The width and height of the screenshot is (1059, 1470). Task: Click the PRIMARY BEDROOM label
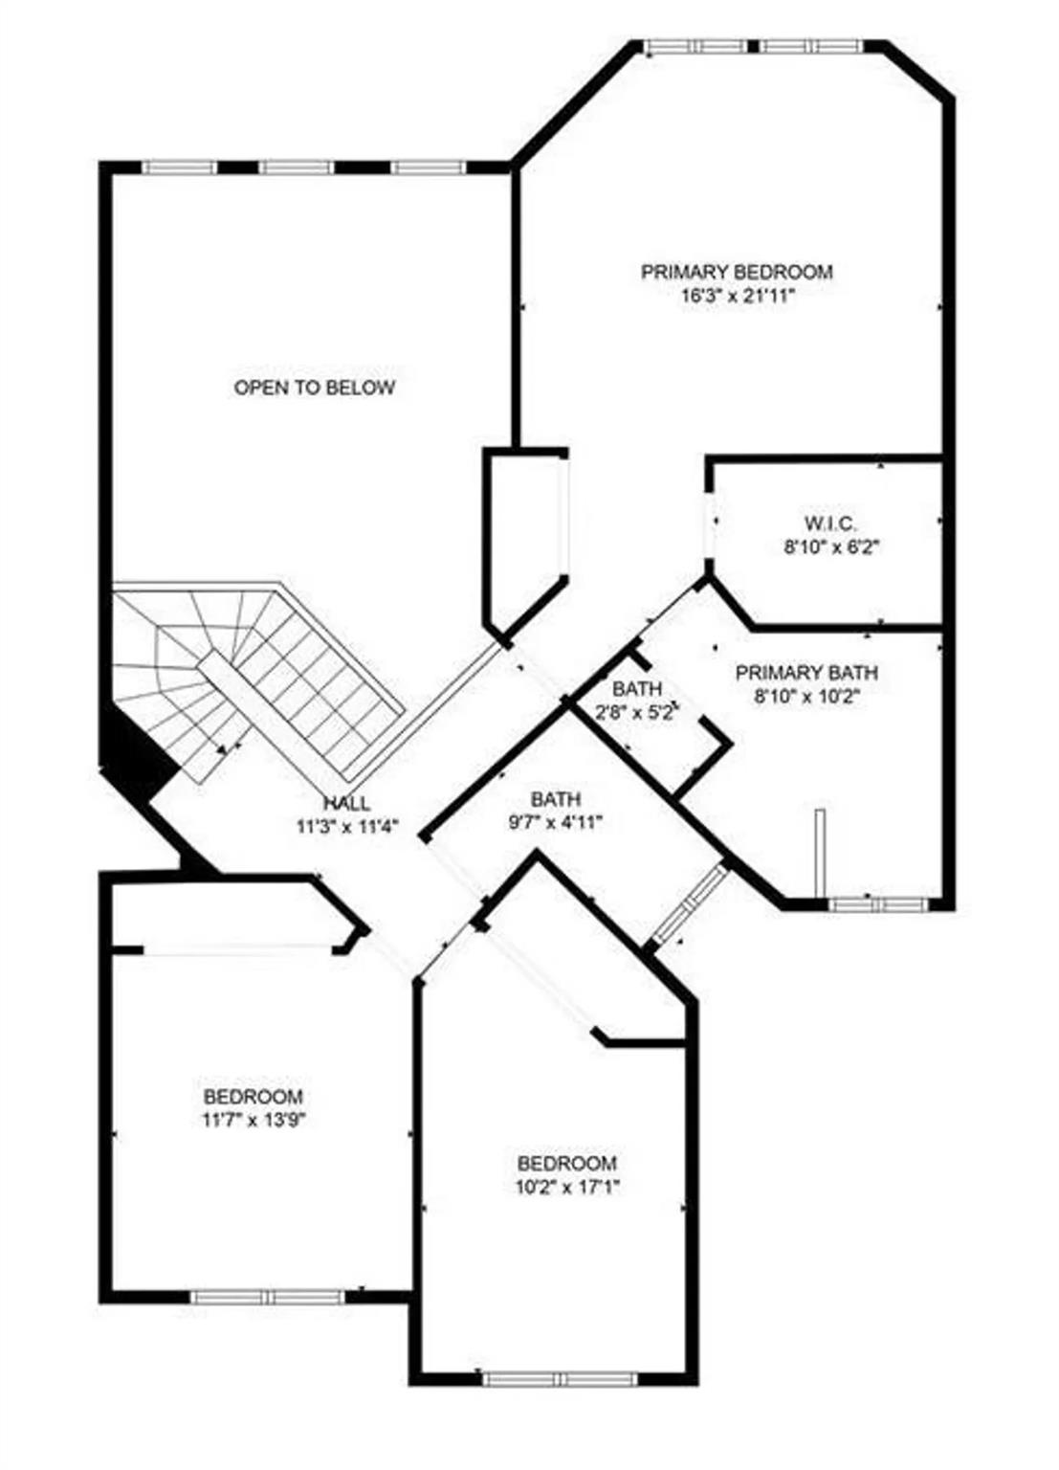click(x=737, y=272)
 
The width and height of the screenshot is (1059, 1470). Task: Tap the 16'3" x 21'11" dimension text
click(x=739, y=296)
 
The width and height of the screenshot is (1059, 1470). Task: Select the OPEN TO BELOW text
click(x=315, y=388)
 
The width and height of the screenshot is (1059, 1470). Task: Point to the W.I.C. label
click(x=829, y=523)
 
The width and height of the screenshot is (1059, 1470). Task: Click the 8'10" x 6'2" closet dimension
click(x=830, y=546)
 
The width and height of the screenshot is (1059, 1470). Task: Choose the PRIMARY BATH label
click(x=806, y=673)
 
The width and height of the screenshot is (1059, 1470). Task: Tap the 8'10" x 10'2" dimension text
click(x=806, y=696)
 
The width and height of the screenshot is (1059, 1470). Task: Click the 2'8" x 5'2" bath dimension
click(x=636, y=713)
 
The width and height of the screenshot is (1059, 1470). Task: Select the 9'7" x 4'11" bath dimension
click(x=555, y=822)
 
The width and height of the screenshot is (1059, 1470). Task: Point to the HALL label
click(x=346, y=803)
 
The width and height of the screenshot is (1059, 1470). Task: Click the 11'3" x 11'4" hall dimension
click(x=347, y=826)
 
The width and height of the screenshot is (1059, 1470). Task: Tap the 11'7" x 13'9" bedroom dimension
click(x=254, y=1119)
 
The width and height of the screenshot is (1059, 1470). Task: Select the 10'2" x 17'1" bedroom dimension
click(x=568, y=1186)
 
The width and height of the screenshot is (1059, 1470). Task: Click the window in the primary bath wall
click(x=877, y=905)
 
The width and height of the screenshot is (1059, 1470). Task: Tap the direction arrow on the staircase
click(x=226, y=747)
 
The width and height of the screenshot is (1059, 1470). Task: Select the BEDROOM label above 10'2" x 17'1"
click(x=567, y=1164)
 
